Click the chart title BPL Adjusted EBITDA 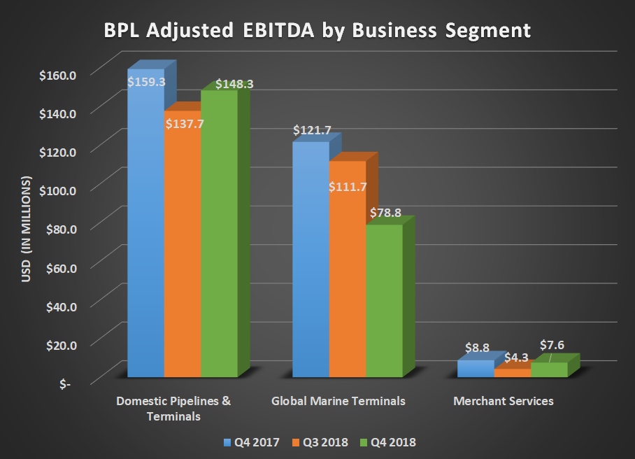(317, 31)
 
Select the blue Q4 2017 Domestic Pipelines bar (145, 231)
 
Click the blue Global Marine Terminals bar (311, 266)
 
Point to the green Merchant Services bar (548, 370)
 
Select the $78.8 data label (385, 212)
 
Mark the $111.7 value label (348, 187)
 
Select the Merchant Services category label (504, 401)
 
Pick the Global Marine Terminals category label (338, 401)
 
